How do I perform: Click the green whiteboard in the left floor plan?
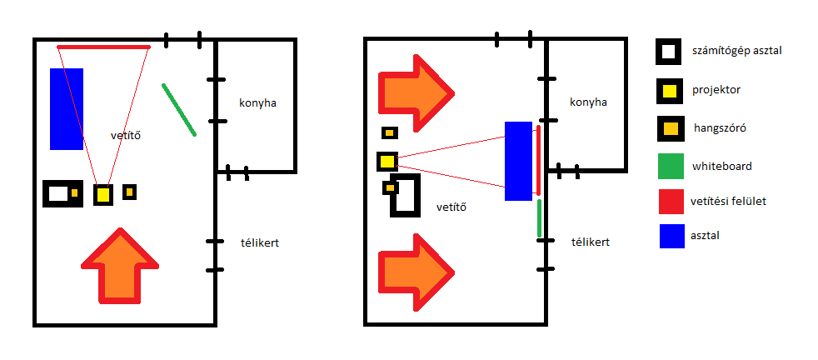click(x=179, y=109)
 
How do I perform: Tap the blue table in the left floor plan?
click(x=67, y=108)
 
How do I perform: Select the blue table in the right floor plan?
click(x=518, y=161)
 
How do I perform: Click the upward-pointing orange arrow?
click(x=121, y=267)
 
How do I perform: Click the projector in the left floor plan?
click(x=103, y=195)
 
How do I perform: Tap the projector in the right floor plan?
click(x=387, y=161)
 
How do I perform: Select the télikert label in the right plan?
click(x=591, y=242)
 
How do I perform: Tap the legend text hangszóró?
click(x=719, y=128)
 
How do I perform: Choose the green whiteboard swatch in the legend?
click(x=667, y=166)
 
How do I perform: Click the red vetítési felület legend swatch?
click(x=667, y=200)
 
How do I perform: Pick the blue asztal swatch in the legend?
click(x=667, y=236)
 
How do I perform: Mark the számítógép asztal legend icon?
click(x=667, y=52)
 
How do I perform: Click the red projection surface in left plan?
click(x=104, y=47)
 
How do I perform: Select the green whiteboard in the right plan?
click(x=540, y=218)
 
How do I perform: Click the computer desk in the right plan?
click(x=407, y=196)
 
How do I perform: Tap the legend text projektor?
click(x=716, y=90)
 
